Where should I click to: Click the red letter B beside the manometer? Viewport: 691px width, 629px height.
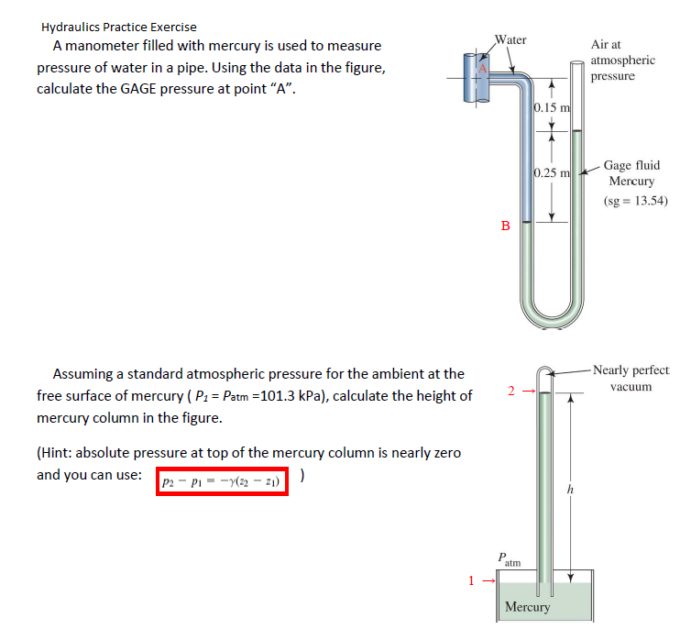coord(505,226)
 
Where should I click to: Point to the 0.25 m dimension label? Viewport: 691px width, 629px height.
coord(552,173)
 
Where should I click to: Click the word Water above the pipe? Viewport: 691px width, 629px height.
coord(510,39)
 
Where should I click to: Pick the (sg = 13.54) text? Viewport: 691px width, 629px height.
coord(636,201)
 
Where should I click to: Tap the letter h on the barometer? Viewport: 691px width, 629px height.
coord(570,491)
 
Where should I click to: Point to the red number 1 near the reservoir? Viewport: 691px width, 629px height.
coord(472,579)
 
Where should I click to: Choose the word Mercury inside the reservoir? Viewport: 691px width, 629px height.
coord(528,607)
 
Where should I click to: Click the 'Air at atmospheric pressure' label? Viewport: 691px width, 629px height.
coord(623,60)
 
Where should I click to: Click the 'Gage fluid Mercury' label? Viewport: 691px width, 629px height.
coord(631,173)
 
